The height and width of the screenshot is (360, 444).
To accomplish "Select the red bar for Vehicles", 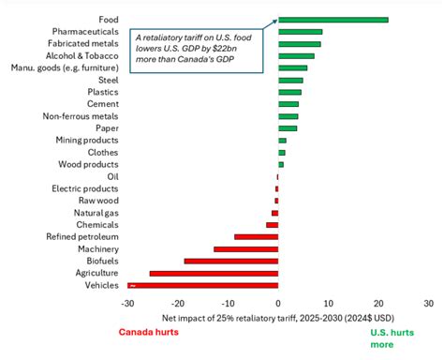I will coord(203,284).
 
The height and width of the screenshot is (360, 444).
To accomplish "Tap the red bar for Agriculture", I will coord(214,273).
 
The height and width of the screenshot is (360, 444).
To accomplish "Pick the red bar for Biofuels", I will coord(230,261).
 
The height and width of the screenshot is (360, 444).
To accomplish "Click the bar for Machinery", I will coord(245,248).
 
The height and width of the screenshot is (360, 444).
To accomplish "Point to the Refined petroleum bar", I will coord(256,236).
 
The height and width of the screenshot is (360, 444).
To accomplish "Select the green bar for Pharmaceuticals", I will coord(300,31).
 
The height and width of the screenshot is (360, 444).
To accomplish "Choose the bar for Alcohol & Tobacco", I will coord(296,55).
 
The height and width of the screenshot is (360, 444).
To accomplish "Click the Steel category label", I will coord(106,80).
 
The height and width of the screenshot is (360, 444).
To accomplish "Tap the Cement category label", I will coord(101,104).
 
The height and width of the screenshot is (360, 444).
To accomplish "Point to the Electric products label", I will coord(84,187).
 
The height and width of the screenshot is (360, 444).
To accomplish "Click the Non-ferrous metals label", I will coord(80,115).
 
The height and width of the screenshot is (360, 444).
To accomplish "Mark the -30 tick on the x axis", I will coord(127,303).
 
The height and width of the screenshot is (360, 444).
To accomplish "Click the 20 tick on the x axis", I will coord(378,303).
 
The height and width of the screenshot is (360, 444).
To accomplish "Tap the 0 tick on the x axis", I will coord(278,303).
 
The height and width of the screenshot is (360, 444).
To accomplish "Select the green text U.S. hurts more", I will coord(393,337).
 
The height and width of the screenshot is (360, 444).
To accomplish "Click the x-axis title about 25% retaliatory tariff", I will coord(278,317).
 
